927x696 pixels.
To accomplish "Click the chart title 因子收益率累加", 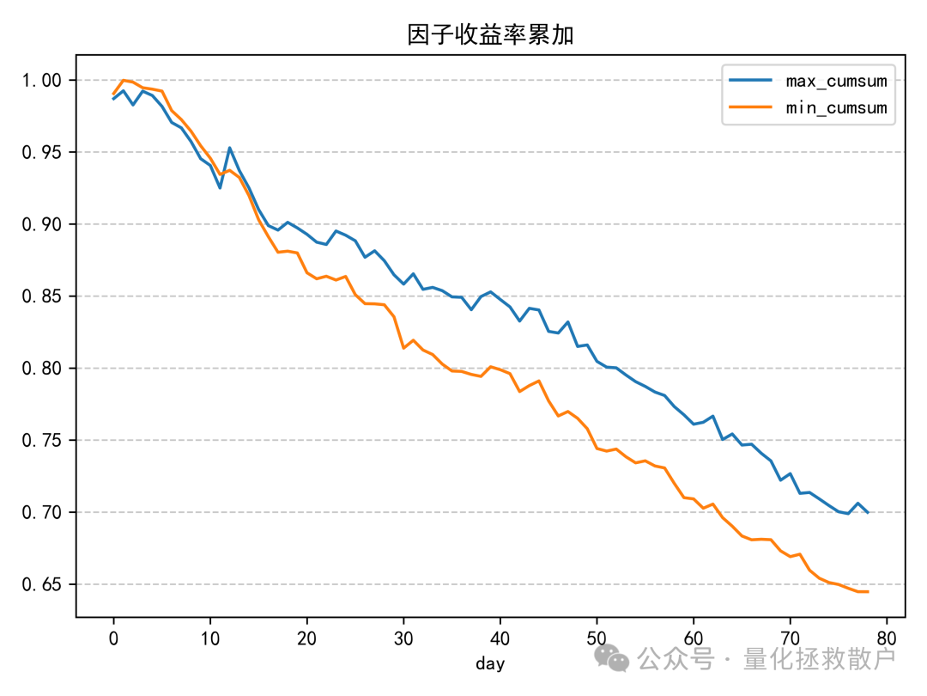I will pos(490,34).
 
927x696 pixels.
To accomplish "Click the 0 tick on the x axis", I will pos(113,637).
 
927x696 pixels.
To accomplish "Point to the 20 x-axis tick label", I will pos(306,637).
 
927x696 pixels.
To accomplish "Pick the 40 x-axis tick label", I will pos(500,637).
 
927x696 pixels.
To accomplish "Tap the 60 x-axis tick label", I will pos(694,637).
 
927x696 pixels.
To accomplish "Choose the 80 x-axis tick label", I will pos(887,637).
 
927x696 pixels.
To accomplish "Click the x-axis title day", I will pos(490,663).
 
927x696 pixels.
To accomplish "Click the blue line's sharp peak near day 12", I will pos(229,148).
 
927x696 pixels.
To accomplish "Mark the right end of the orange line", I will pos(868,591).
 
